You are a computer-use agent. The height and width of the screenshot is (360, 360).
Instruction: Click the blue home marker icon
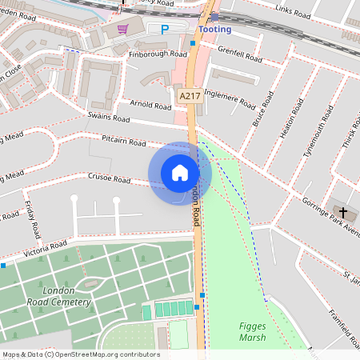(x=180, y=173)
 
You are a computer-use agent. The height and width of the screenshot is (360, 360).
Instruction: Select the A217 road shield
(x=189, y=96)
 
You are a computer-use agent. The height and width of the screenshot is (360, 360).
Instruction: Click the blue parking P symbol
(x=165, y=30)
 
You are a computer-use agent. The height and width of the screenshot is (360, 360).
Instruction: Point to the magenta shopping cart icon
(x=122, y=29)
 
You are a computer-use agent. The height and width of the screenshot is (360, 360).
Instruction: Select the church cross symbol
(x=344, y=213)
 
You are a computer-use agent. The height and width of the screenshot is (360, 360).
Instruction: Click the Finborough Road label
(x=157, y=54)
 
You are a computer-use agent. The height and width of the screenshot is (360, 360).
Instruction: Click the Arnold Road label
(x=150, y=104)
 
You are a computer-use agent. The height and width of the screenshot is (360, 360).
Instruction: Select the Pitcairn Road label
(x=124, y=142)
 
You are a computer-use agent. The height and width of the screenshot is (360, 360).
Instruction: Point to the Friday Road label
(x=31, y=219)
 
